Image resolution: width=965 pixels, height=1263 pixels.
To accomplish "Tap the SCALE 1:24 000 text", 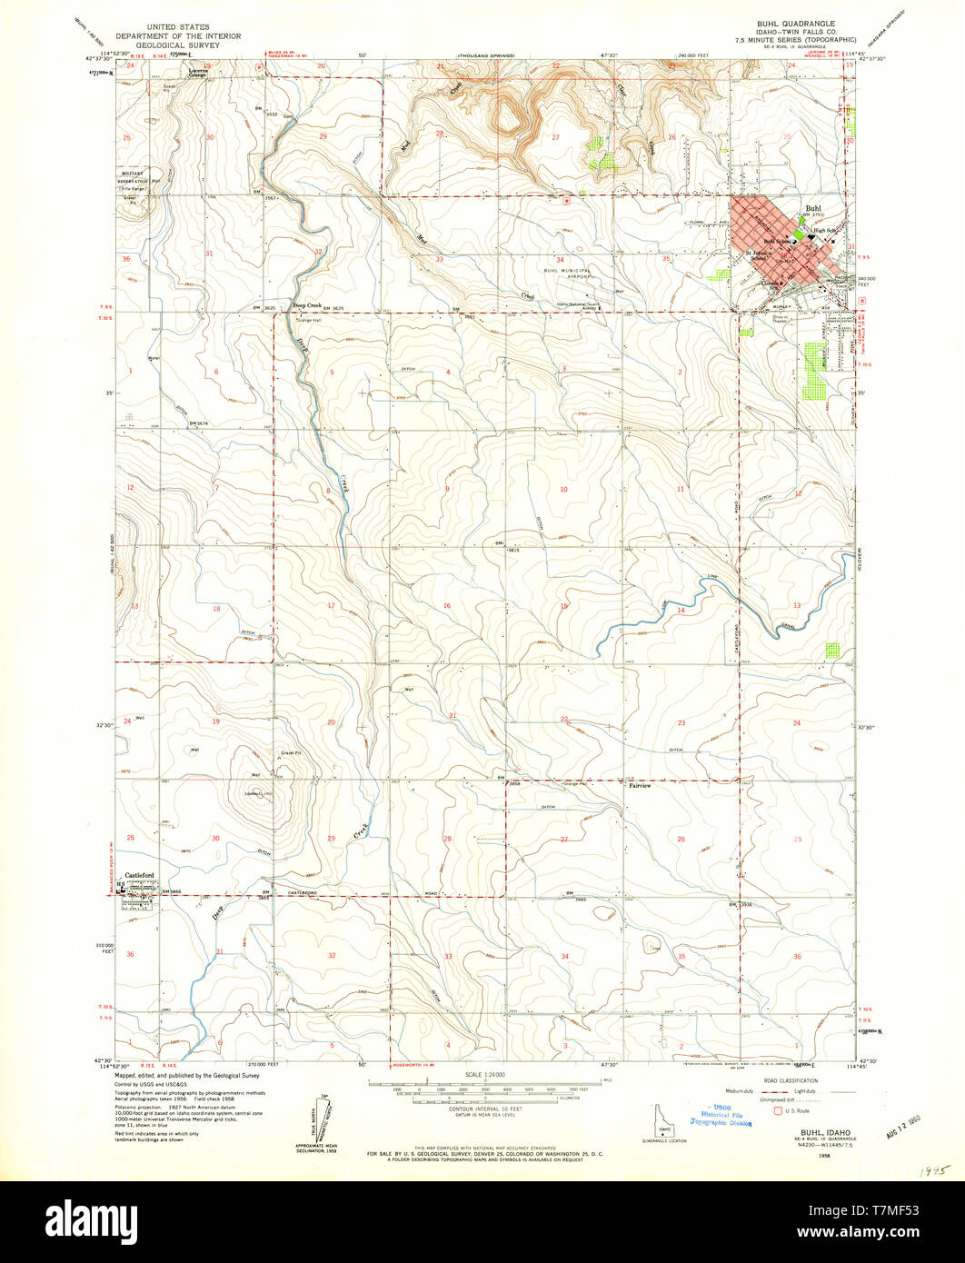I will [x=482, y=1075].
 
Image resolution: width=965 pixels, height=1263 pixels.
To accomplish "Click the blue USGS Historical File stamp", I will [x=721, y=1116].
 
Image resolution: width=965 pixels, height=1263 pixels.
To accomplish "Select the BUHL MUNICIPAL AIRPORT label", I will [x=568, y=273].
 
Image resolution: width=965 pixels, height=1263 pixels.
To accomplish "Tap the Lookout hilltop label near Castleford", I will [x=252, y=793].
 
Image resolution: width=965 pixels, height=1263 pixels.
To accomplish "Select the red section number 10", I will [x=563, y=490].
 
